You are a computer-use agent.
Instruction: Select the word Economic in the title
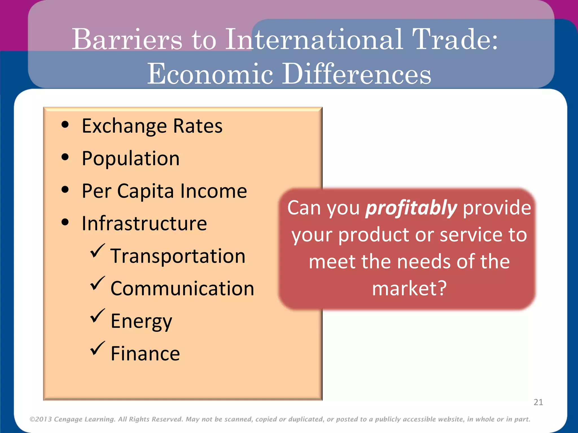pos(210,74)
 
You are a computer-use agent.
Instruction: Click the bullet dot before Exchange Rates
pos(65,125)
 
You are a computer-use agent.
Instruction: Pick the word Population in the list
pos(131,158)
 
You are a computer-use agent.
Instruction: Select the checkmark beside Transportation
pos(97,251)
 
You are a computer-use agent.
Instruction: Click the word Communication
pos(182,289)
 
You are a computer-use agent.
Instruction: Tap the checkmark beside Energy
pos(97,316)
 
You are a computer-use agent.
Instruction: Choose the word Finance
pos(145,354)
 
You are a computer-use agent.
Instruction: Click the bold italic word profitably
pos(411,208)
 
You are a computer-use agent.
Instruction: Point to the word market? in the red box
pos(409,288)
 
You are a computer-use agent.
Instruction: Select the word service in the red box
pos(471,235)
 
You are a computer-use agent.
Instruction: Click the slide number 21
pos(538,402)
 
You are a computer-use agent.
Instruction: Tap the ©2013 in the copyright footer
pos(41,419)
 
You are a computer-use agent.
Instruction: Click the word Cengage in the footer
pos(68,419)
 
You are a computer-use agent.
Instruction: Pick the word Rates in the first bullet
pos(198,126)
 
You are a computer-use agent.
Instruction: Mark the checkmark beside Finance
pos(97,348)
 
